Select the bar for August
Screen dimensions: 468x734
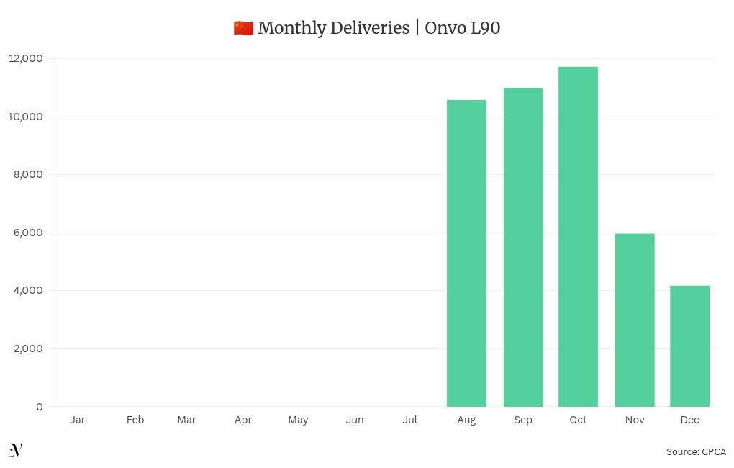click(466, 253)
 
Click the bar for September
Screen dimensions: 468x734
click(523, 247)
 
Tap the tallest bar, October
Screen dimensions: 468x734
click(578, 237)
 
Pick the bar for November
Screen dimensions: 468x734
click(635, 320)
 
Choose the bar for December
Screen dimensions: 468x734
click(689, 346)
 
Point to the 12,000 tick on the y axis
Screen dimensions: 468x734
click(26, 58)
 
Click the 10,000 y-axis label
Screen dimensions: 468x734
click(26, 117)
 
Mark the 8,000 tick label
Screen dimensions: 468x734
click(29, 174)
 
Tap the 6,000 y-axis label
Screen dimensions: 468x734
click(29, 233)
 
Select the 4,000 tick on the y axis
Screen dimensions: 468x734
click(29, 290)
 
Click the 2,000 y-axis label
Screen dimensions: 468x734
click(29, 348)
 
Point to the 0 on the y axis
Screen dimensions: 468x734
click(39, 407)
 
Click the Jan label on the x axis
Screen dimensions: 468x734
click(78, 420)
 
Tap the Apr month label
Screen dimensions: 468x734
click(243, 420)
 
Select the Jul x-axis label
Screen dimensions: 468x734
click(409, 420)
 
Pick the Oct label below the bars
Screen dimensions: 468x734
click(578, 420)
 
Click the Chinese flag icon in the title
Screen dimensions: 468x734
click(243, 28)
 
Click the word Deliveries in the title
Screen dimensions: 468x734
click(370, 28)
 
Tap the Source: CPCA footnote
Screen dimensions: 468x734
click(696, 452)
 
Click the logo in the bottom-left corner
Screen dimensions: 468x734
click(16, 450)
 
